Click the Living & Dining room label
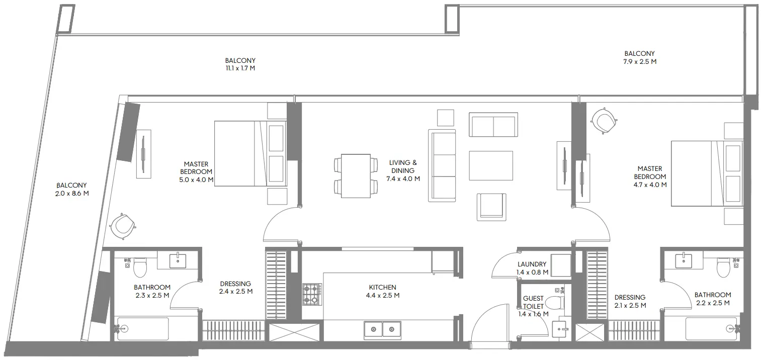(403, 170)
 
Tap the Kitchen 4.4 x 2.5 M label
(382, 292)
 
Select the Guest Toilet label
(533, 306)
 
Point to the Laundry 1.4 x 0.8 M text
(532, 268)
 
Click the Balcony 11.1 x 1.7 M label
(240, 64)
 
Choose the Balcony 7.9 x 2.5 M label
(639, 58)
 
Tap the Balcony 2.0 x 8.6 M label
(71, 189)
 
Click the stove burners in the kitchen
(312, 294)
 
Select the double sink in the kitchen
(382, 330)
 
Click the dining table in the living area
(356, 175)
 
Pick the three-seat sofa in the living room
(442, 165)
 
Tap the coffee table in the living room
(490, 165)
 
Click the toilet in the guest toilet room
(555, 303)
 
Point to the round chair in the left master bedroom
(123, 225)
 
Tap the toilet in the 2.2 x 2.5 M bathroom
(723, 266)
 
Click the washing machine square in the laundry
(560, 265)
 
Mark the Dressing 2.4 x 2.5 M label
(235, 288)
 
